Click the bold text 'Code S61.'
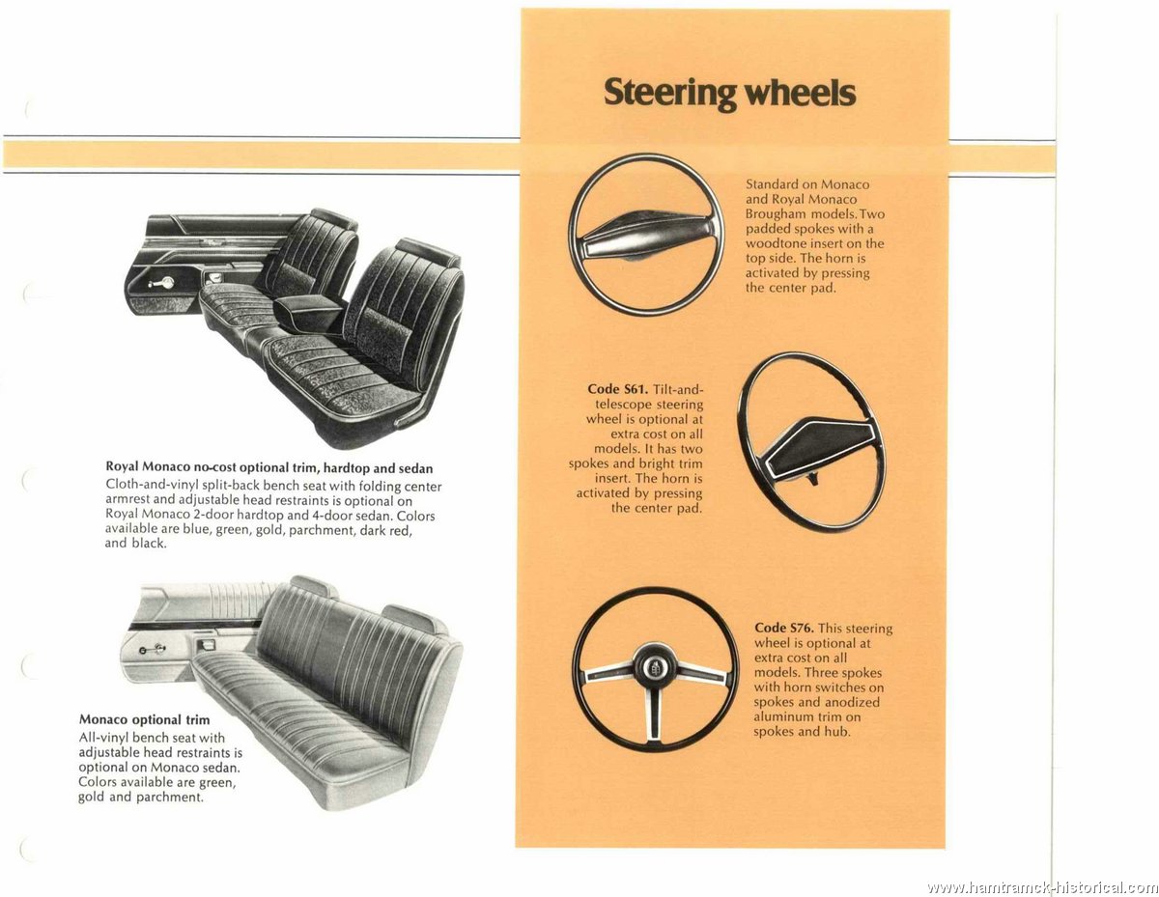[617, 389]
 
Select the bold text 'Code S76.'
[783, 628]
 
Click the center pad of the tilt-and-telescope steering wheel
[820, 445]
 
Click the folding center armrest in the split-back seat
[310, 311]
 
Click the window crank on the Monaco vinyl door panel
[153, 649]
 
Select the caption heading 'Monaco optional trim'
[144, 719]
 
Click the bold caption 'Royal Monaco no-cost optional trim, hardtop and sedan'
[269, 467]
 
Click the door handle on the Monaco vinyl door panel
[207, 645]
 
